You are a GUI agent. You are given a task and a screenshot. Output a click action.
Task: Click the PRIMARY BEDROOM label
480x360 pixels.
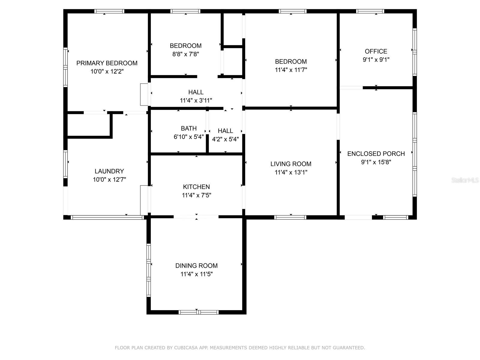tap(107, 63)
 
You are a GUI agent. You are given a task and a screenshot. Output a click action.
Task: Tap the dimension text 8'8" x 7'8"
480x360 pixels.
tap(186, 54)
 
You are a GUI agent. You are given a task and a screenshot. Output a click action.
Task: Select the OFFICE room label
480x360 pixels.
tap(376, 51)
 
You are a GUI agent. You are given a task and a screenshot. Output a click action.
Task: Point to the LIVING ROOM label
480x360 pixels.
tap(291, 164)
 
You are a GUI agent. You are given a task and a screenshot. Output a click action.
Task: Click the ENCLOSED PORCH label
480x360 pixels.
tap(376, 154)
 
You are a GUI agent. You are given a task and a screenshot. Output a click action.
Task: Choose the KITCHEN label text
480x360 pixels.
tap(196, 187)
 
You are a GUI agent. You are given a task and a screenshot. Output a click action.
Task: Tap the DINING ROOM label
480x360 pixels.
tap(196, 266)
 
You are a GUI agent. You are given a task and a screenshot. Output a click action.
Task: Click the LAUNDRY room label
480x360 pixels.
tap(109, 171)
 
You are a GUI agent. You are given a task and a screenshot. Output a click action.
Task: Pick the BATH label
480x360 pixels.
tap(189, 128)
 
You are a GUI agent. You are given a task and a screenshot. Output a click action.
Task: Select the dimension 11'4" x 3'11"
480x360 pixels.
tap(196, 100)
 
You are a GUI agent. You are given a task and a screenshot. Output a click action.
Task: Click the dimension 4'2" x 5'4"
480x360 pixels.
tap(226, 139)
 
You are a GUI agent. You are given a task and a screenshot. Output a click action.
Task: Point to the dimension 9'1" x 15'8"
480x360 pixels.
tap(376, 162)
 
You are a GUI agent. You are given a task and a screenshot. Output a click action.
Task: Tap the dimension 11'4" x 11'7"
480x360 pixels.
tap(291, 70)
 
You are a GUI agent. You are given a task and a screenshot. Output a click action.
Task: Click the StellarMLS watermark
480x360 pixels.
tap(465, 180)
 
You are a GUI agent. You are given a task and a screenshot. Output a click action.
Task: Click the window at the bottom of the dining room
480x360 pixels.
tap(199, 312)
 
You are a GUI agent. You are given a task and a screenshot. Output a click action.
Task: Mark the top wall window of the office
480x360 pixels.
tap(370, 11)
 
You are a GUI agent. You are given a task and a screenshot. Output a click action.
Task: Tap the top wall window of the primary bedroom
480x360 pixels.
tap(109, 11)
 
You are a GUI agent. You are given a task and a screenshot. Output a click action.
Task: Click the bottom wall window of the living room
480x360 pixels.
tap(290, 217)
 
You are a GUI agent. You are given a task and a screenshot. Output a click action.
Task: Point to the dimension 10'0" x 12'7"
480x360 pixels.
tap(109, 180)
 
